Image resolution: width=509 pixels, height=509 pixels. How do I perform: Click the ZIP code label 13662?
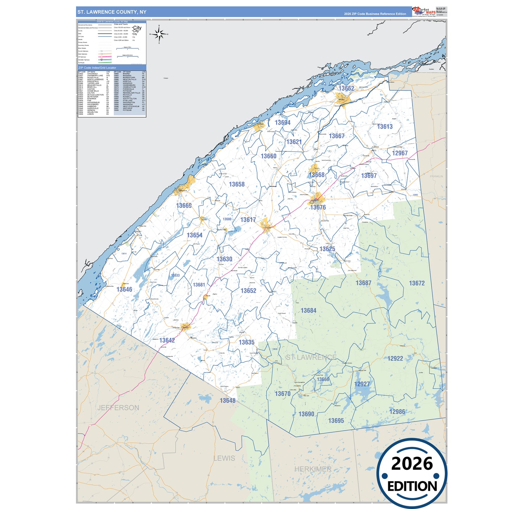(x=346, y=88)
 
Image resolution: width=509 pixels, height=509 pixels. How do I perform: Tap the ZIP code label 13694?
(x=283, y=123)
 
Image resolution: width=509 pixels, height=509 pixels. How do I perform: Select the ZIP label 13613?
(x=385, y=126)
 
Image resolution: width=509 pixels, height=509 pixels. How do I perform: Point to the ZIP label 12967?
(x=400, y=153)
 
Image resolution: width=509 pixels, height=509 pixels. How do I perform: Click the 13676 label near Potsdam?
(x=318, y=207)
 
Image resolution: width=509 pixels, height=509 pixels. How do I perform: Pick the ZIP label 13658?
(x=237, y=184)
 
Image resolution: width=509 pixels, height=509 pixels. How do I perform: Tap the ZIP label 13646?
(x=124, y=290)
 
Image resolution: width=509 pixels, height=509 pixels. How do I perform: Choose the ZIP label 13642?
(x=167, y=340)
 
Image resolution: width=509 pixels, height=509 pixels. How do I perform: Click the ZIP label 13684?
(x=308, y=311)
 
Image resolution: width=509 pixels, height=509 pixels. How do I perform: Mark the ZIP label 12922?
(x=395, y=359)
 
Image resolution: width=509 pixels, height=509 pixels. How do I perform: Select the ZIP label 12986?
(x=397, y=412)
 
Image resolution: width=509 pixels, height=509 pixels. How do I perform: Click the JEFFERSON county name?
(x=118, y=408)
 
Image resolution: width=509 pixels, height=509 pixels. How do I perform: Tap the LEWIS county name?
(x=224, y=458)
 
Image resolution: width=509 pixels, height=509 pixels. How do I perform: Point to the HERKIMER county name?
(x=313, y=469)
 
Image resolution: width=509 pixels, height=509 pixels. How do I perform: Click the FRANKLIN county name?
(x=436, y=176)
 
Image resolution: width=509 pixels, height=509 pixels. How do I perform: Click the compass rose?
(x=159, y=34)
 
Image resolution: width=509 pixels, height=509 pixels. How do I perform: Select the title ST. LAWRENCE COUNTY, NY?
(x=112, y=12)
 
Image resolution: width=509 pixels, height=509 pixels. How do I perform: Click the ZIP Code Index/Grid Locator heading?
(x=97, y=68)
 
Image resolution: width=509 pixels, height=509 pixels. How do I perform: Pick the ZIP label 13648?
(x=228, y=401)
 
